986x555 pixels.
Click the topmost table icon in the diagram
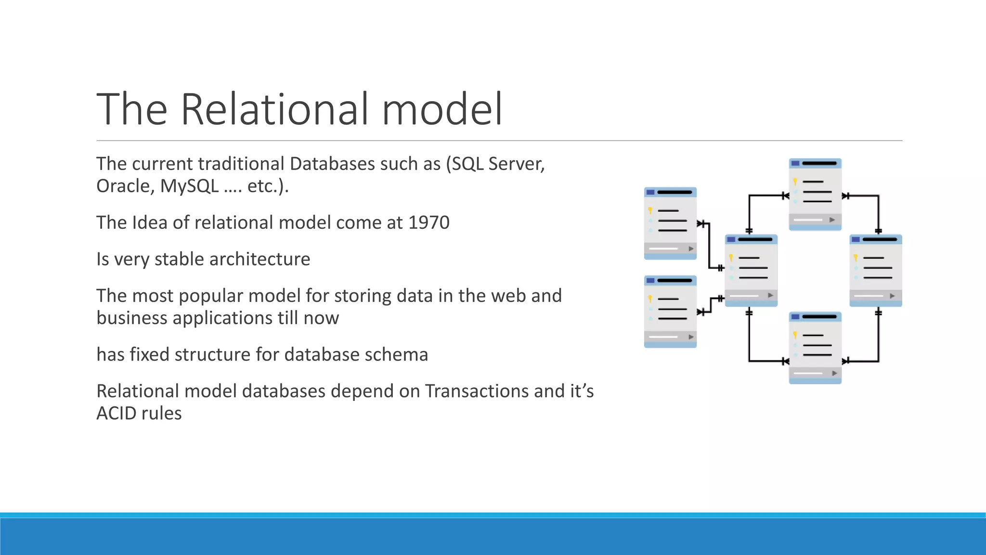point(815,194)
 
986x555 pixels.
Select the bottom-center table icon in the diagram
point(815,347)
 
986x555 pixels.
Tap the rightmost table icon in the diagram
point(875,270)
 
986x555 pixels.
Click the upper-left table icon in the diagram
point(670,223)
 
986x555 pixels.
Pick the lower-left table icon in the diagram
point(670,311)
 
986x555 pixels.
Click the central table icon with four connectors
point(751,270)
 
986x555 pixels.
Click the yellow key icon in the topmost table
point(795,182)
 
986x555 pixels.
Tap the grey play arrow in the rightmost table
point(892,296)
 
